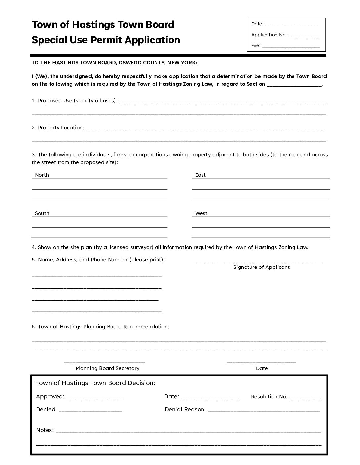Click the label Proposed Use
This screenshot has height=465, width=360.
(x=55, y=101)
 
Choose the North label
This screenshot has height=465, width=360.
(x=42, y=175)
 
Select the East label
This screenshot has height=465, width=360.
(x=201, y=175)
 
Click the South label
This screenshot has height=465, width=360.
(x=42, y=213)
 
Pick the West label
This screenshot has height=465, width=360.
(x=201, y=213)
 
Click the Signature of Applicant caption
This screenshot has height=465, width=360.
(x=261, y=267)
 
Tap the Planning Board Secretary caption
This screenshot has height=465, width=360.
(x=108, y=368)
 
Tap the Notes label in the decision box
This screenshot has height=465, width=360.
(x=45, y=430)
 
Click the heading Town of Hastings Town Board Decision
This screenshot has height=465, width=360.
(x=95, y=383)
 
